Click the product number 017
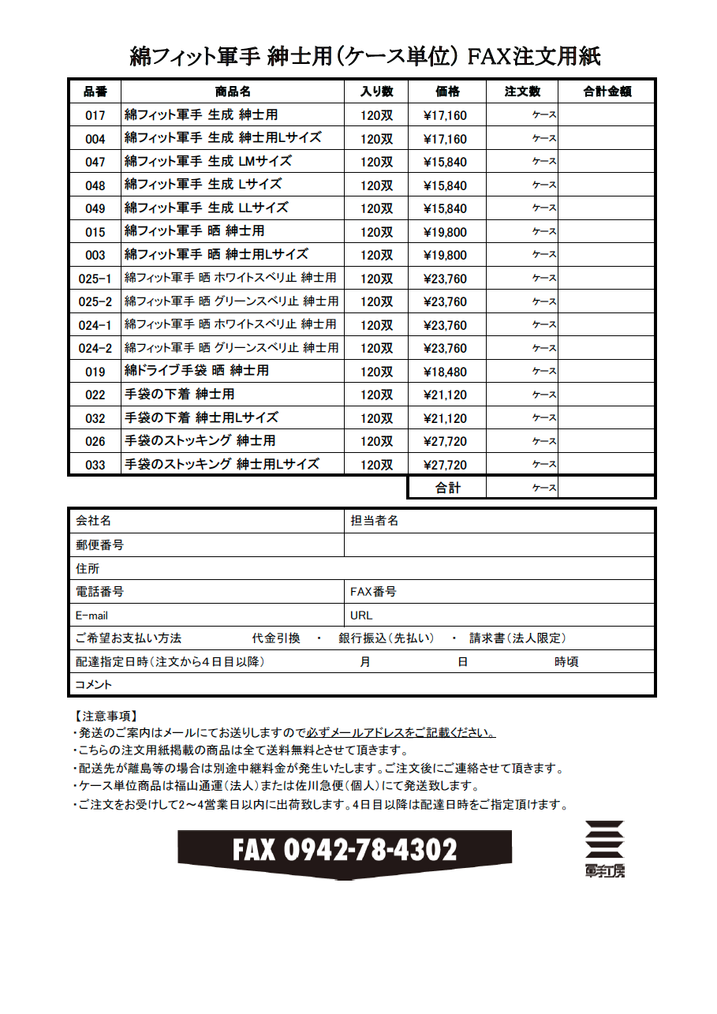pyautogui.click(x=95, y=115)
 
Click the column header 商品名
pyautogui.click(x=233, y=92)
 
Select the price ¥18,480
pyautogui.click(x=445, y=372)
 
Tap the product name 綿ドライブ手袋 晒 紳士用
pyautogui.click(x=196, y=371)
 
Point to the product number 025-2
pyautogui.click(x=95, y=301)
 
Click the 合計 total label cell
pyautogui.click(x=447, y=488)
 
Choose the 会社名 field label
pyautogui.click(x=93, y=521)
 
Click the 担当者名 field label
pyautogui.click(x=374, y=521)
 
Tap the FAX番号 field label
pyautogui.click(x=372, y=591)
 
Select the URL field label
pyautogui.click(x=361, y=615)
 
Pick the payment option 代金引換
pyautogui.click(x=276, y=638)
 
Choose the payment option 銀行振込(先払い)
pyautogui.click(x=386, y=638)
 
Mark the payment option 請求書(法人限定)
pyautogui.click(x=517, y=638)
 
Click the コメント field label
pyautogui.click(x=93, y=684)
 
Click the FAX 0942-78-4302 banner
pyautogui.click(x=345, y=851)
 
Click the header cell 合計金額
pyautogui.click(x=607, y=92)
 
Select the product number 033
pyautogui.click(x=95, y=465)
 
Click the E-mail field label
pyautogui.click(x=91, y=615)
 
